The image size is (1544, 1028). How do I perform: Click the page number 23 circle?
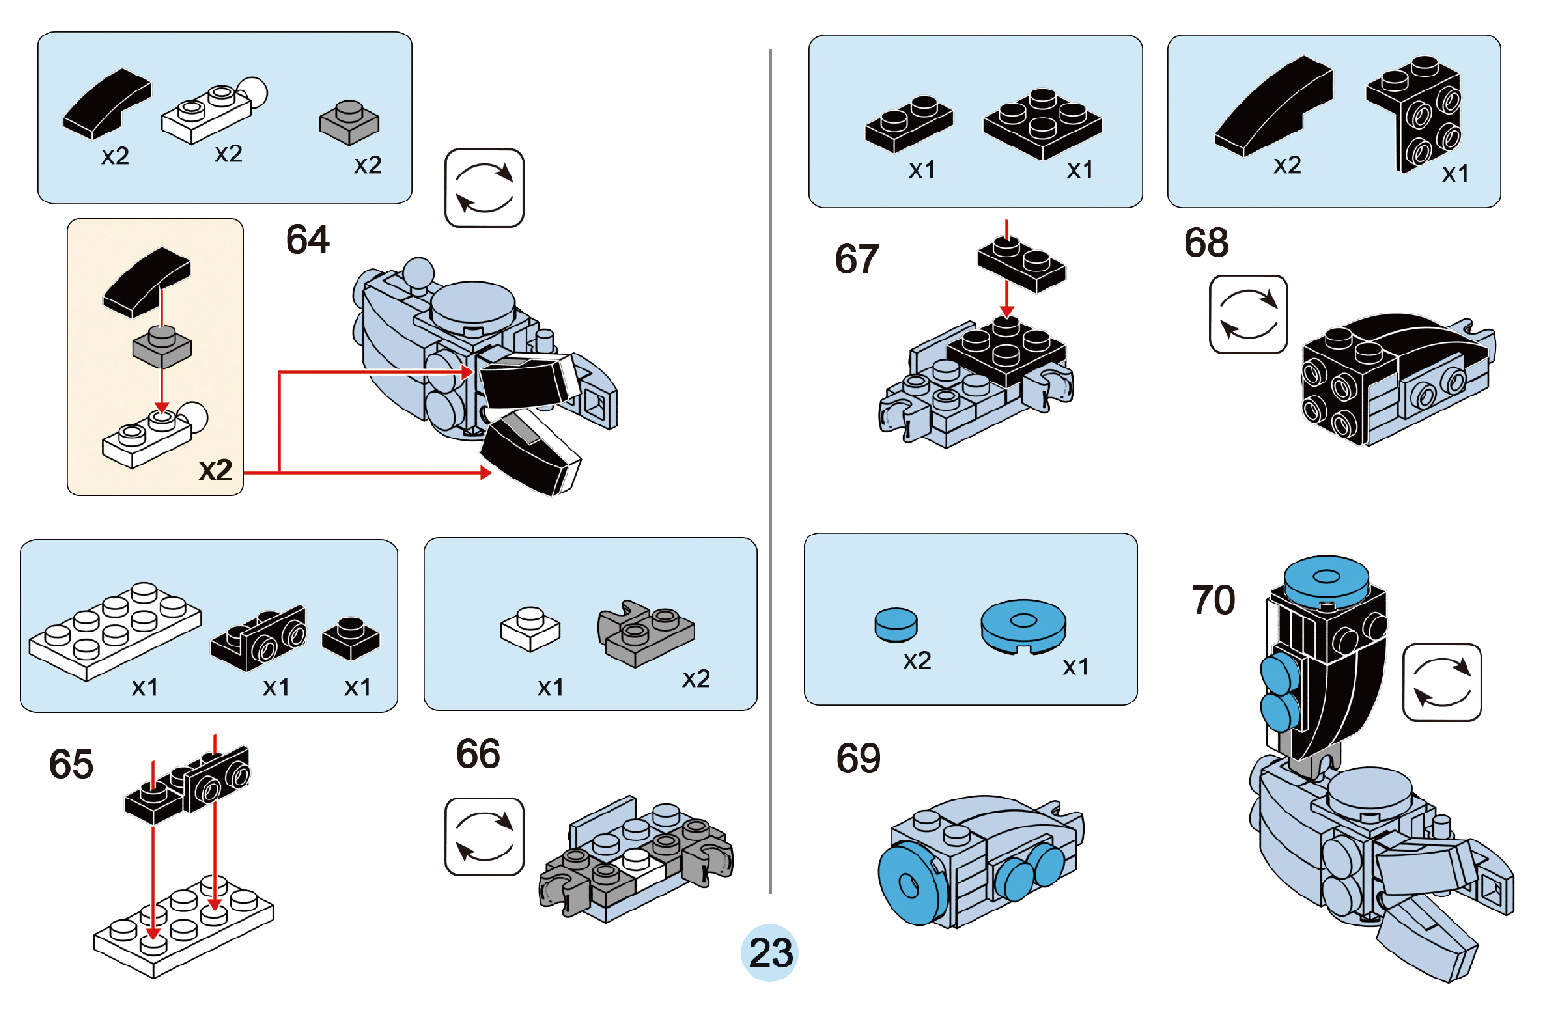pyautogui.click(x=770, y=952)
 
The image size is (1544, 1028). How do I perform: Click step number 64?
pyautogui.click(x=307, y=240)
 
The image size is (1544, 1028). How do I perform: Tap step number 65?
pyautogui.click(x=71, y=764)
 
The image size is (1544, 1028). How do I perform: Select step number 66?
pyautogui.click(x=478, y=754)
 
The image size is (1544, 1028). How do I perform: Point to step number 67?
pyautogui.click(x=857, y=259)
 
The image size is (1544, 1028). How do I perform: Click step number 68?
pyautogui.click(x=1206, y=243)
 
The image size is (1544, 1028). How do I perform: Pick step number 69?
pyautogui.click(x=858, y=758)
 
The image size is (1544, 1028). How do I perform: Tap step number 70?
pyautogui.click(x=1213, y=600)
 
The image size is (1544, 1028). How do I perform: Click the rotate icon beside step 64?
pyautogui.click(x=484, y=188)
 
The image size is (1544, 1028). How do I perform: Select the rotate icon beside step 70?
pyautogui.click(x=1441, y=682)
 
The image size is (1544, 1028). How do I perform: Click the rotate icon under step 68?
pyautogui.click(x=1248, y=314)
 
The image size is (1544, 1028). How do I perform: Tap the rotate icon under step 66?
pyautogui.click(x=484, y=836)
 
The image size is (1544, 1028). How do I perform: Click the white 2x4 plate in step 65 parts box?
pyautogui.click(x=114, y=630)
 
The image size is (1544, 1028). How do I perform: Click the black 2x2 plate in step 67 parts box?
pyautogui.click(x=1042, y=122)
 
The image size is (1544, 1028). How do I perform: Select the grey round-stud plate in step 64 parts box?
pyautogui.click(x=349, y=121)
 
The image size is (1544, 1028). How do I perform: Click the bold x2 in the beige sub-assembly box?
pyautogui.click(x=215, y=469)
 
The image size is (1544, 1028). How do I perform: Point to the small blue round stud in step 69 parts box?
pyautogui.click(x=895, y=624)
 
